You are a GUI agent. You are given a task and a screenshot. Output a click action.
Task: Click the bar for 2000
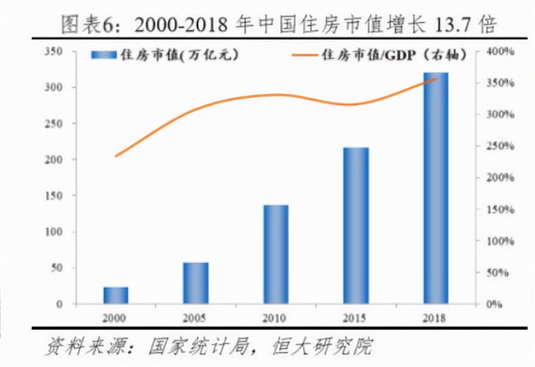tap(116, 295)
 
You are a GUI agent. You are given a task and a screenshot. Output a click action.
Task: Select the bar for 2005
tap(196, 283)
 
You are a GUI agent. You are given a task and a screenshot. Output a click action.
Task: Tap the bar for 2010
tap(276, 254)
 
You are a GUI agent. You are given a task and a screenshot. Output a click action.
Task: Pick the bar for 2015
tap(356, 225)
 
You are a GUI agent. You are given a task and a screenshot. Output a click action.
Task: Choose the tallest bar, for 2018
tap(436, 188)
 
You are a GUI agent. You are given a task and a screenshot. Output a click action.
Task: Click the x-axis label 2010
tap(276, 318)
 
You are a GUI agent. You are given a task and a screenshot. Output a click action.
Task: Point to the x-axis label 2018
tap(436, 318)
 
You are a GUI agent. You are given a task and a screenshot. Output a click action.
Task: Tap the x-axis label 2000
tap(116, 318)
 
